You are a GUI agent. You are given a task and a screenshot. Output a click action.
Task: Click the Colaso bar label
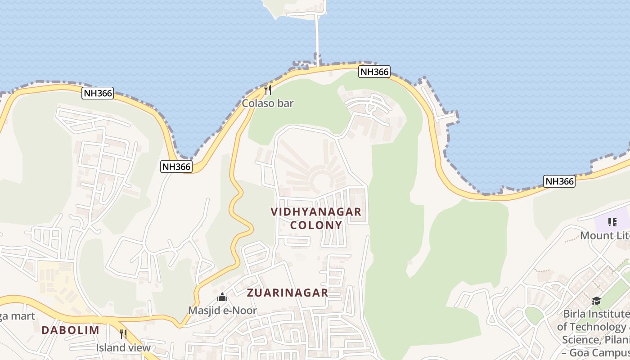268,103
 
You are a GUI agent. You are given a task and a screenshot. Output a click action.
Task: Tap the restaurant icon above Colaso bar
268,90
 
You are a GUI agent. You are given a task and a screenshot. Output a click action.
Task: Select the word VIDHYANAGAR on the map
316,211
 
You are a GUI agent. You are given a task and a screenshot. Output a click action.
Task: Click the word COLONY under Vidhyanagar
316,225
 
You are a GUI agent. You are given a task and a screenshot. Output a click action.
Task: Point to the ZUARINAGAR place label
288,292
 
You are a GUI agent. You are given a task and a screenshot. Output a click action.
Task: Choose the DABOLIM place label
70,330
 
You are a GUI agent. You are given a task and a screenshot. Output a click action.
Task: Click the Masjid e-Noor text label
222,310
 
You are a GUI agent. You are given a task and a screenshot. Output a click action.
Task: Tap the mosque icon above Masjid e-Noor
222,297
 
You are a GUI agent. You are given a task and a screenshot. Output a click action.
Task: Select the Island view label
123,347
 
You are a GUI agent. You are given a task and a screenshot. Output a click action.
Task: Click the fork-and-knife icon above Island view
123,334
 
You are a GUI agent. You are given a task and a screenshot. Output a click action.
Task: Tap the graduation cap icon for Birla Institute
596,301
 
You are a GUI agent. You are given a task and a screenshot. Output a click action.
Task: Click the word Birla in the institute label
574,314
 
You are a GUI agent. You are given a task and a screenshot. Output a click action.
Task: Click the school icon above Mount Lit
612,222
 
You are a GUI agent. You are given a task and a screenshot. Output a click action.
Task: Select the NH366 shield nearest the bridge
374,72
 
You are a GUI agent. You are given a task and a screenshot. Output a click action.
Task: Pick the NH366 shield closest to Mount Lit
559,181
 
